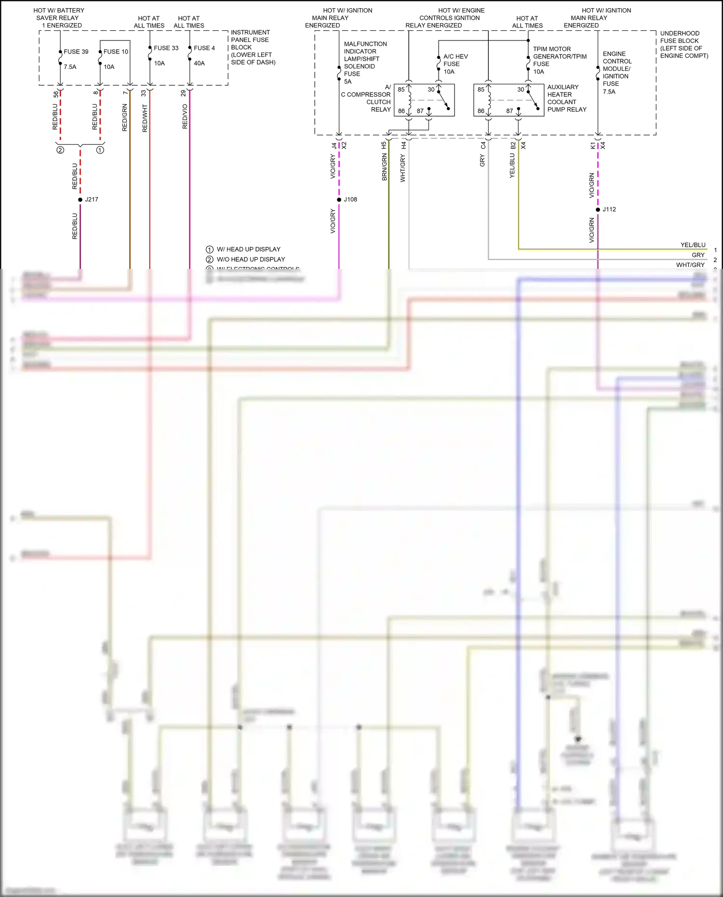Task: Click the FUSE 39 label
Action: (x=76, y=52)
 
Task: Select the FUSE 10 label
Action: (x=116, y=52)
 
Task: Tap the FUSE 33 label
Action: (x=166, y=48)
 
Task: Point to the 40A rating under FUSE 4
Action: (x=199, y=63)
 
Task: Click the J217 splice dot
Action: (x=80, y=200)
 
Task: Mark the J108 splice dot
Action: (x=339, y=200)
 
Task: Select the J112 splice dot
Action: (x=598, y=210)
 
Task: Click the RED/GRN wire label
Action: (x=125, y=118)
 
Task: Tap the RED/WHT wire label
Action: (x=145, y=119)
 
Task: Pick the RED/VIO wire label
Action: (x=185, y=117)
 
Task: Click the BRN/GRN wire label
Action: (x=384, y=167)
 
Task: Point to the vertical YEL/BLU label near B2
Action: (x=512, y=166)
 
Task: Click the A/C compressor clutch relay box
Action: (x=424, y=100)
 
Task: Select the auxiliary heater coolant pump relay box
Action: (x=509, y=100)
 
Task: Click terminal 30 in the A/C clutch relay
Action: (x=431, y=90)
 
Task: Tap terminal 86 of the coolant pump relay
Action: (x=481, y=111)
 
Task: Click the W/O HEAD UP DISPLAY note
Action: (x=251, y=259)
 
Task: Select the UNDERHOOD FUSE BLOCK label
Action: (x=683, y=44)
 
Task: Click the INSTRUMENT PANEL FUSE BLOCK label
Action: (x=253, y=47)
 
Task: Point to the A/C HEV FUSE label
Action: (x=455, y=64)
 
